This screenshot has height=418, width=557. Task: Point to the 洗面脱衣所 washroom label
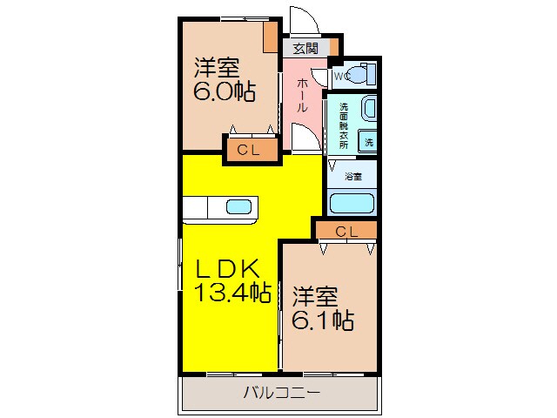coord(344,126)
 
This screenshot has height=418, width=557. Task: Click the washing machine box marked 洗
coord(368,142)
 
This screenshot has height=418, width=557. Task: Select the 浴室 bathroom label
coord(352,177)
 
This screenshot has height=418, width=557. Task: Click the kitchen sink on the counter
coord(238,207)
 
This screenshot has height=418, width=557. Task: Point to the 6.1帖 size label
coord(322,320)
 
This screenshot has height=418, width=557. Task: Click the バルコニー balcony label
coord(281,393)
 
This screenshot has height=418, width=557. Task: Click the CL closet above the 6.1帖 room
coord(346,231)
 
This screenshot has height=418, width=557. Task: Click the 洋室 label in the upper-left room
coord(217,66)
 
